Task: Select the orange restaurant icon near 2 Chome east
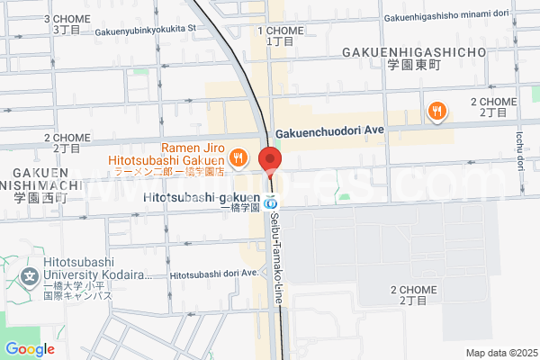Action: click(436, 112)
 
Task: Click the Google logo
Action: click(30, 349)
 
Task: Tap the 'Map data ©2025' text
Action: click(499, 353)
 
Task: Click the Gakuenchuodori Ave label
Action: click(329, 130)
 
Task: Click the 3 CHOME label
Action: click(67, 18)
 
